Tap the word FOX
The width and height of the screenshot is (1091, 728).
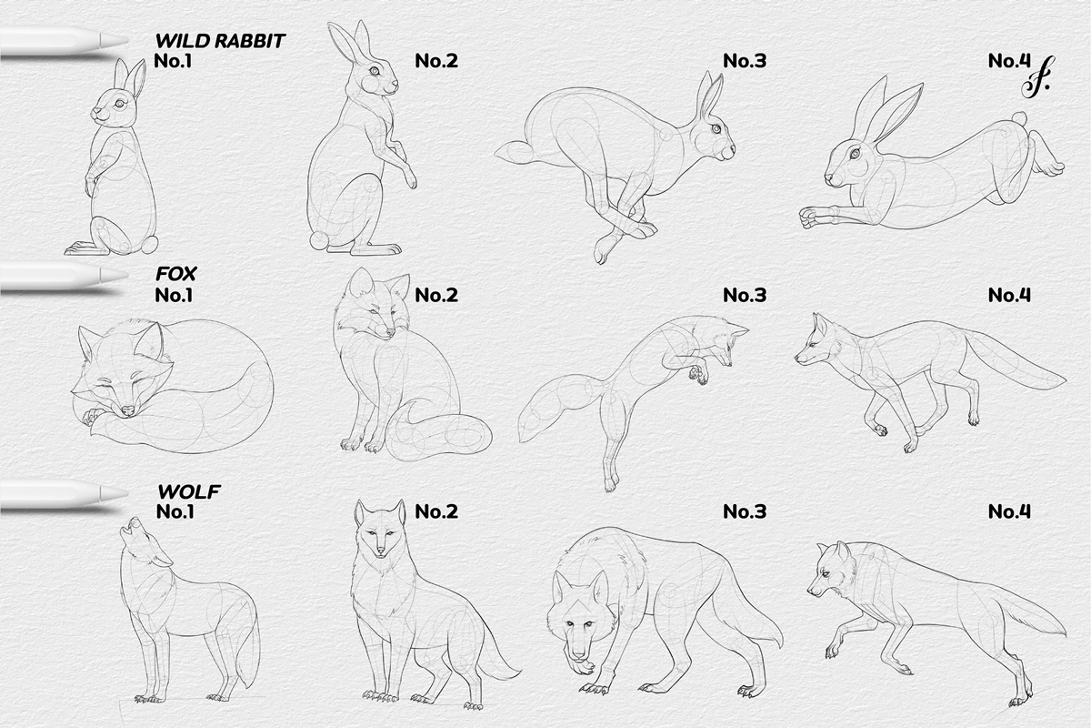coord(176,273)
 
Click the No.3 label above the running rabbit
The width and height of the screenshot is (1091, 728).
coord(745,62)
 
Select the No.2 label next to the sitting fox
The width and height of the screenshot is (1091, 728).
coord(435,295)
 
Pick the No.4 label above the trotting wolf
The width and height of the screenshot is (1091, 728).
coord(1009,511)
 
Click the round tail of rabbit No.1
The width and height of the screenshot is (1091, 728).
coord(148,244)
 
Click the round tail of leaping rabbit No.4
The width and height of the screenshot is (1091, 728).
coord(1019,118)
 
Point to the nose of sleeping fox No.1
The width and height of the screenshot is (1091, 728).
coord(127,411)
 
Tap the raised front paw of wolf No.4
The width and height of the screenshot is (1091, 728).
coord(829,652)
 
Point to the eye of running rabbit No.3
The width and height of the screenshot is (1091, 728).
coord(715,128)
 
